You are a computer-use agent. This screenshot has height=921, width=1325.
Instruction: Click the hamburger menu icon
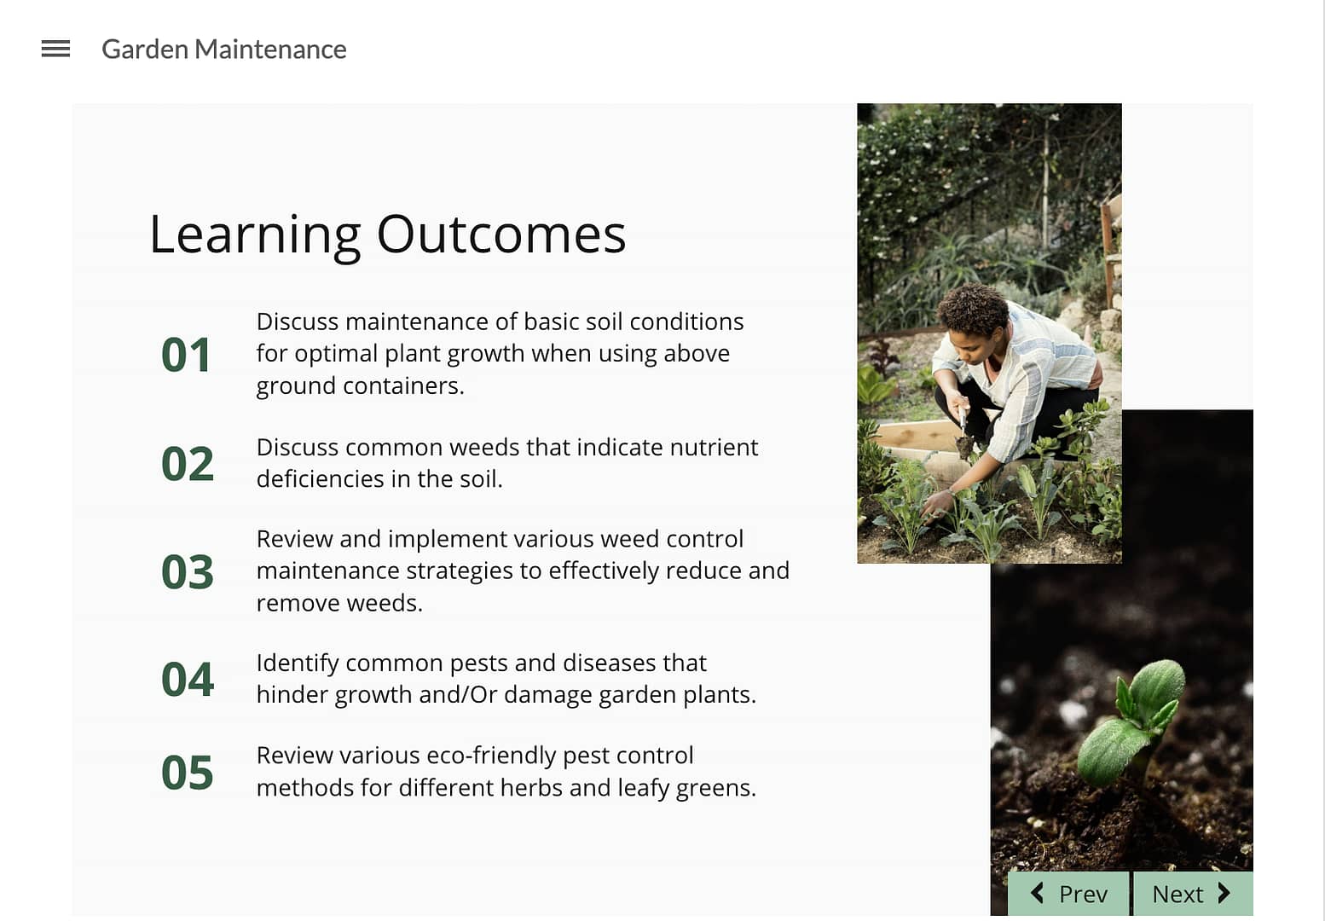point(55,49)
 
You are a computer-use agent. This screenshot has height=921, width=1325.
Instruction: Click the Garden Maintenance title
point(224,49)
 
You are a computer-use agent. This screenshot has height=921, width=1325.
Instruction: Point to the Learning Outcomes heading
point(387,235)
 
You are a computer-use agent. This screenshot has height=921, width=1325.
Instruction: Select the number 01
point(186,355)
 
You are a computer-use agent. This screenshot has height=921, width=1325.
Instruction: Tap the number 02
point(188,464)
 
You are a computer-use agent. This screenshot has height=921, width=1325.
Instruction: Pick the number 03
point(188,572)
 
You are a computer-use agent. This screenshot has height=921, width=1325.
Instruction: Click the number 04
point(188,679)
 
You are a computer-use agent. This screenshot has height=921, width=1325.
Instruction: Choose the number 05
point(188,772)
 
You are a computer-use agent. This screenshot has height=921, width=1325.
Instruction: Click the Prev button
point(1069,893)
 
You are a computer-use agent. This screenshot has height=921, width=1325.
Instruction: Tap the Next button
point(1193,893)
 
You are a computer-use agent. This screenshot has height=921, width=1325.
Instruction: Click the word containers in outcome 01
point(403,385)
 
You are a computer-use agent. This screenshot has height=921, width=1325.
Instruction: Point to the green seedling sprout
point(1130,724)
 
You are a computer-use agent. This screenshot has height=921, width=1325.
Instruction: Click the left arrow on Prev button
point(1037,893)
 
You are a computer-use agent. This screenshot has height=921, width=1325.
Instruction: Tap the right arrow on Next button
point(1224,893)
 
